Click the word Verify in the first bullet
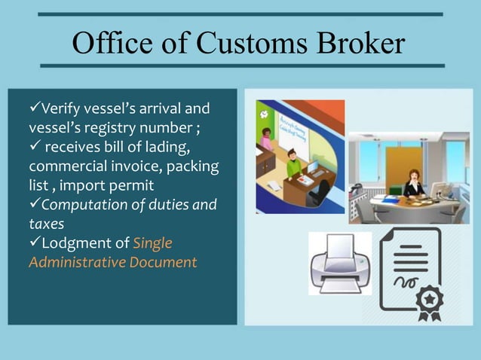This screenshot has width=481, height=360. tap(62, 109)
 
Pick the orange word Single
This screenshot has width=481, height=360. tap(153, 243)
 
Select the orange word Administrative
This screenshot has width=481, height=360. tap(80, 263)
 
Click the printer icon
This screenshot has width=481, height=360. tap(340, 264)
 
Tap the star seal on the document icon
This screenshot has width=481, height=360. tap(430, 301)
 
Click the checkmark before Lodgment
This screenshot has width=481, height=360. tap(35, 243)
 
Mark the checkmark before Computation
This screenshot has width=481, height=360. tap(35, 204)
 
